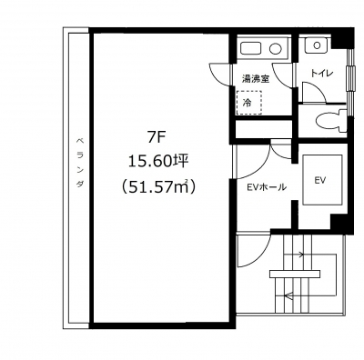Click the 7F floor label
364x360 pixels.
pyautogui.click(x=157, y=138)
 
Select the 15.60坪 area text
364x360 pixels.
pyautogui.click(x=158, y=162)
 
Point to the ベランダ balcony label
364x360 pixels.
pyautogui.click(x=79, y=163)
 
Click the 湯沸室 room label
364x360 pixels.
pyautogui.click(x=256, y=79)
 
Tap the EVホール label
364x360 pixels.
pyautogui.click(x=267, y=187)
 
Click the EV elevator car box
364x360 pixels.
pyautogui.click(x=322, y=181)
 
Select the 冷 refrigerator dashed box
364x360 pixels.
pyautogui.click(x=249, y=103)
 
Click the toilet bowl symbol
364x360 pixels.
pyautogui.click(x=330, y=121)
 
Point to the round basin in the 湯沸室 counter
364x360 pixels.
pyautogui.click(x=277, y=48)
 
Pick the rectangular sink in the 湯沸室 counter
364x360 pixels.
pyautogui.click(x=251, y=48)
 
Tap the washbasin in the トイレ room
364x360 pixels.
pyautogui.click(x=317, y=45)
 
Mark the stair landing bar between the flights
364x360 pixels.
pyautogui.click(x=295, y=274)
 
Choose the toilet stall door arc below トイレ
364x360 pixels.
pyautogui.click(x=319, y=87)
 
